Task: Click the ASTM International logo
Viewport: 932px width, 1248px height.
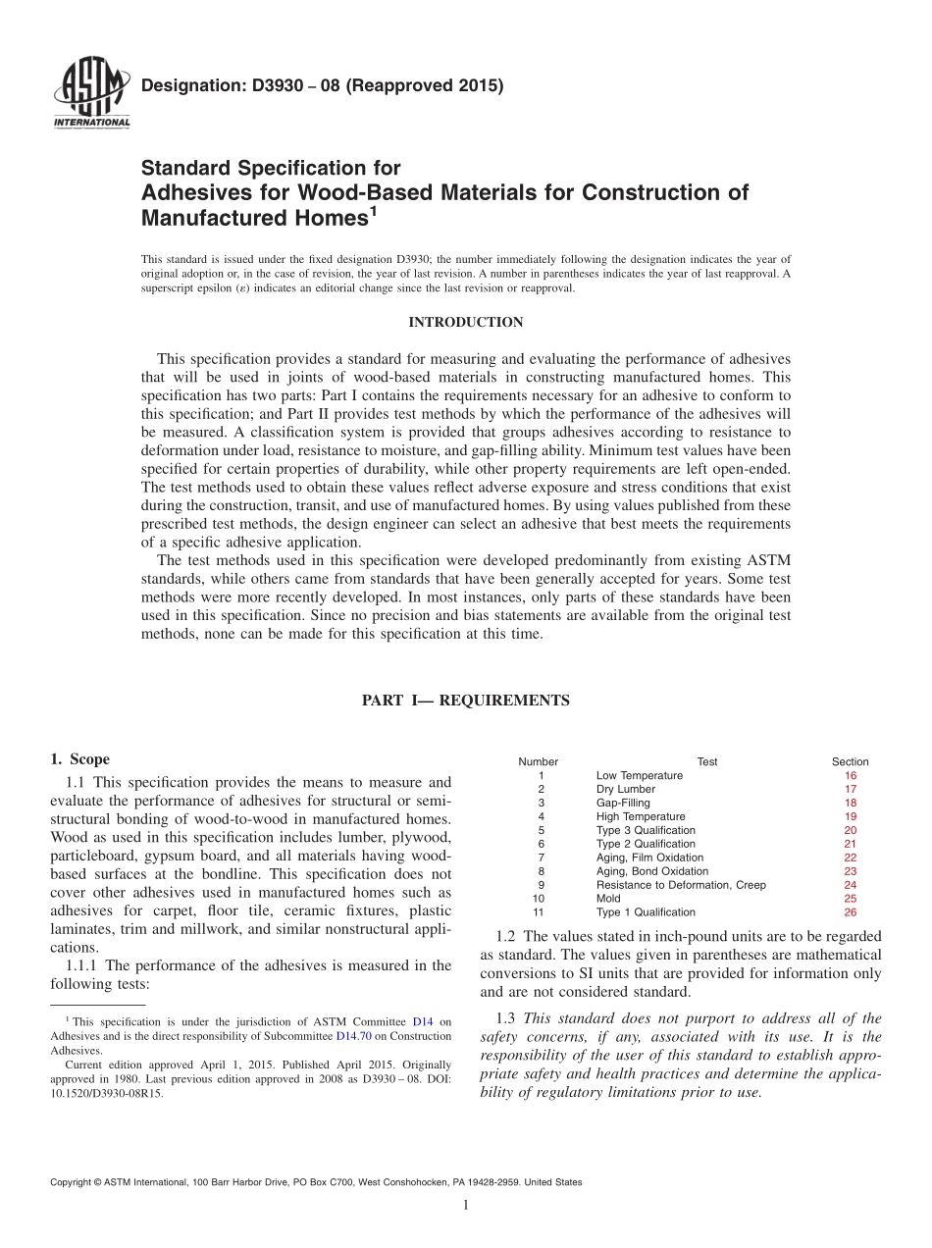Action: click(x=90, y=95)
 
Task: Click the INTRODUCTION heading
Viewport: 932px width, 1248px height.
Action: click(x=466, y=323)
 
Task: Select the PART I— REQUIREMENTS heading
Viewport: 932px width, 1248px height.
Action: click(x=466, y=701)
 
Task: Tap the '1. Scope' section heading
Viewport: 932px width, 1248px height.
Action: click(x=79, y=759)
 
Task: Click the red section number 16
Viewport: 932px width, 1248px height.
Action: click(x=850, y=775)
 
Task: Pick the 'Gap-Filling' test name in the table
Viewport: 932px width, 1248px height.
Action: click(x=623, y=803)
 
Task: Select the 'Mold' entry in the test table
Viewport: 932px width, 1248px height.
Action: click(x=608, y=899)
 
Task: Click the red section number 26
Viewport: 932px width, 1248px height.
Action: click(x=850, y=912)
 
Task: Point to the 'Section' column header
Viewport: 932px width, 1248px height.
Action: click(x=850, y=761)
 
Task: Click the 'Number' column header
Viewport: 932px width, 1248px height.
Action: click(x=538, y=761)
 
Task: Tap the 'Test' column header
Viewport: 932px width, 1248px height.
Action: click(x=706, y=761)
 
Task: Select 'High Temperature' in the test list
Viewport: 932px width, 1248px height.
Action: click(x=641, y=816)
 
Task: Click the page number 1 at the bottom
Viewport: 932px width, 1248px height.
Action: click(x=466, y=1206)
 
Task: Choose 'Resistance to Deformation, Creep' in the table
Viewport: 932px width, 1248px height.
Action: click(x=681, y=885)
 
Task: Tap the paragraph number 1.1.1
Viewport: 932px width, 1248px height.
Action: click(x=81, y=965)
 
